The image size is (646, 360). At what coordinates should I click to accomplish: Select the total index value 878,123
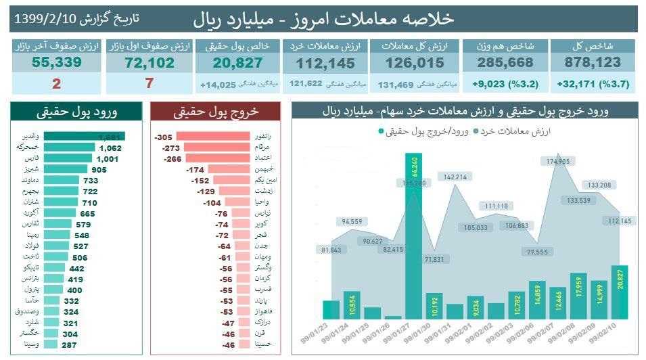pos(593,63)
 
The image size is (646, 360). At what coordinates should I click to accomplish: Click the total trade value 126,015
pos(415,63)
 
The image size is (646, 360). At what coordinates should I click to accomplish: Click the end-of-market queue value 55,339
pos(56,63)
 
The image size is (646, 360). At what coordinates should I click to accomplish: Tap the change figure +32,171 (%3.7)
pos(593,85)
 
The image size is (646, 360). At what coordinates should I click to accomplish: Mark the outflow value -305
pos(165,137)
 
